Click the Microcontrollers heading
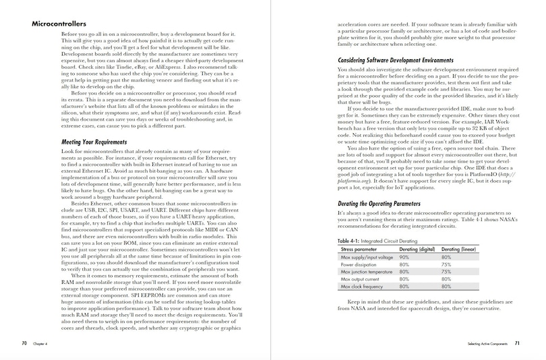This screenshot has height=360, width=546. click(59, 25)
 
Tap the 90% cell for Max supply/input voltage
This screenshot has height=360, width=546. click(404, 257)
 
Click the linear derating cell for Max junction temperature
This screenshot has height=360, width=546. click(446, 272)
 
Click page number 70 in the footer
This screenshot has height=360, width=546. click(24, 343)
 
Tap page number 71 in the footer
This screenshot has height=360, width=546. click(517, 343)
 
